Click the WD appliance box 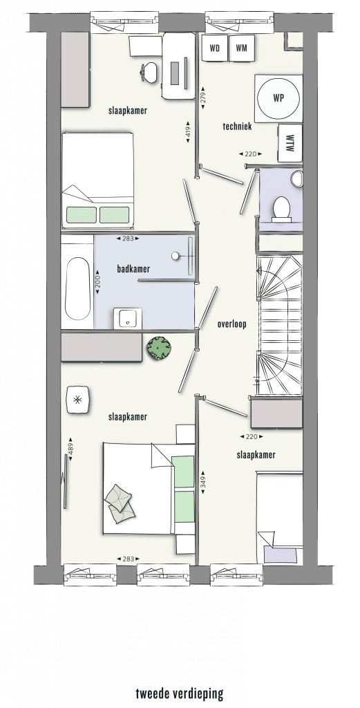(x=215, y=48)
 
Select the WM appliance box (x=242, y=48)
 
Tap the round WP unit (x=278, y=98)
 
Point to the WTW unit (x=290, y=143)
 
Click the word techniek (x=237, y=127)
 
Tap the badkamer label (x=133, y=269)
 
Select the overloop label (x=232, y=324)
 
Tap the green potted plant (x=158, y=348)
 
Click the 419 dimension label (x=188, y=132)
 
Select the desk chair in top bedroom (x=149, y=72)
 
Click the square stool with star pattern (x=79, y=399)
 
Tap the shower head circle (x=175, y=256)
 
